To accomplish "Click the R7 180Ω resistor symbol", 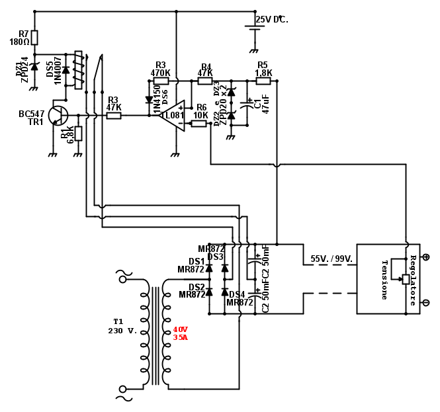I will [x=35, y=37].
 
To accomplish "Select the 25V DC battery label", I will [x=272, y=19].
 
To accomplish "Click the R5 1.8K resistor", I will [x=264, y=82].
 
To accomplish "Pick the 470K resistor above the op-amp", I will [x=161, y=81].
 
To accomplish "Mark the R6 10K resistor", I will [x=199, y=124].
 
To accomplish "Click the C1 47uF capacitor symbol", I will [x=249, y=104].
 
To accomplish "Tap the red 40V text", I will [x=181, y=329].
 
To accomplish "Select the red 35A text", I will [x=181, y=337].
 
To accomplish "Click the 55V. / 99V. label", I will [x=331, y=259].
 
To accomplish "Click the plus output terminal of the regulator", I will [x=425, y=257].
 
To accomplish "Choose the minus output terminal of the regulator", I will [x=425, y=308].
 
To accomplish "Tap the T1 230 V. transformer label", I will [x=122, y=326].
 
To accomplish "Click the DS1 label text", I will [x=197, y=261].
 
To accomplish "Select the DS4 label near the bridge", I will [x=236, y=294].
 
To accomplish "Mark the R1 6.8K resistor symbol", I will [x=78, y=134].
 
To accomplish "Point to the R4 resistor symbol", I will [x=205, y=82].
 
